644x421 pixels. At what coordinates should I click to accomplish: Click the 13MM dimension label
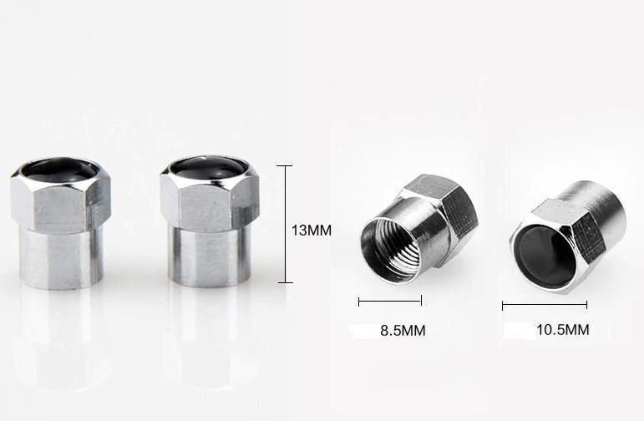point(312,230)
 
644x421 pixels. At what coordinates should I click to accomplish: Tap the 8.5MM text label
point(403,330)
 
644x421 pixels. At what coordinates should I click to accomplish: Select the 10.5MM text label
point(563,329)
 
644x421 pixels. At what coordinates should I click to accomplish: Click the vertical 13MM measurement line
point(286,224)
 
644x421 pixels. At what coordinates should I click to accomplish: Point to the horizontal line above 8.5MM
point(390,302)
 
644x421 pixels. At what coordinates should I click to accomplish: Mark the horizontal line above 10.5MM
point(545,305)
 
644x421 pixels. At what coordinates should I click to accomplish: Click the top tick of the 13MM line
point(285,166)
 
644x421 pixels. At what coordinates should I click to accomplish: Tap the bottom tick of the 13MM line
point(286,282)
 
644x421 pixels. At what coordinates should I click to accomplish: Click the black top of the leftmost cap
point(59,169)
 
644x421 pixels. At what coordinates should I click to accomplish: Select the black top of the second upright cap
point(209,166)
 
